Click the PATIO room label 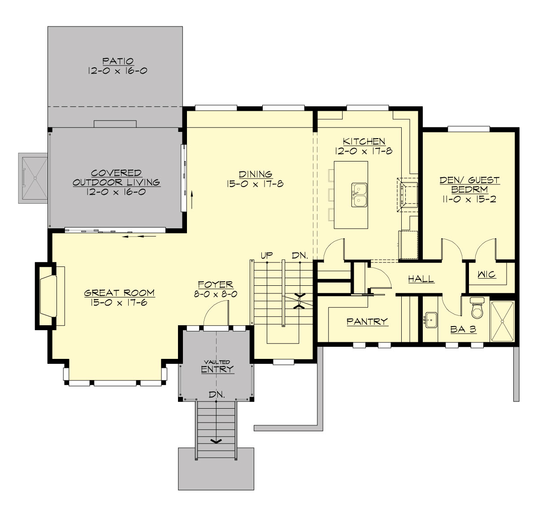117,61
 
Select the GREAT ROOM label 119,293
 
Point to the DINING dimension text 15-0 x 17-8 255,183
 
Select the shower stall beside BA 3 504,321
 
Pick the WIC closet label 486,274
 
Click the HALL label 421,279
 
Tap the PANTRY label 367,321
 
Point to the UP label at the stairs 266,255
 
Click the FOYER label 215,284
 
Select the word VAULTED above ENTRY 217,362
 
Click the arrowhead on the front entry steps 216,441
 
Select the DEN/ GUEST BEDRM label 469,184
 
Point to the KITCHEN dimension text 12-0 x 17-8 364,151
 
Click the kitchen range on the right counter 408,194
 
